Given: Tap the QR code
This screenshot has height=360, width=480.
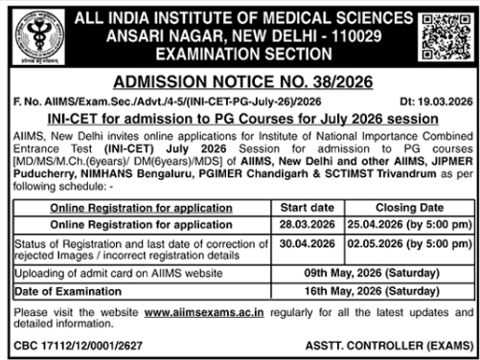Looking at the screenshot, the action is coord(446,36).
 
